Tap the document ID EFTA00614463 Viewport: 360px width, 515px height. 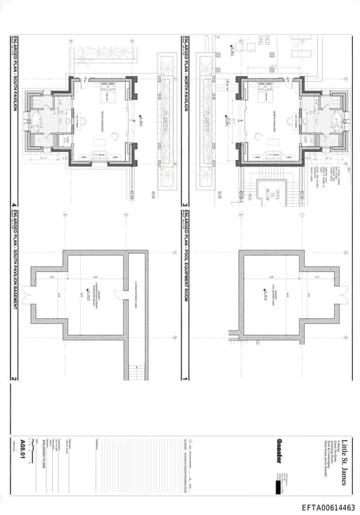[x=328, y=507]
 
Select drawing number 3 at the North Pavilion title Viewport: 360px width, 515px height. [x=185, y=206]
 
